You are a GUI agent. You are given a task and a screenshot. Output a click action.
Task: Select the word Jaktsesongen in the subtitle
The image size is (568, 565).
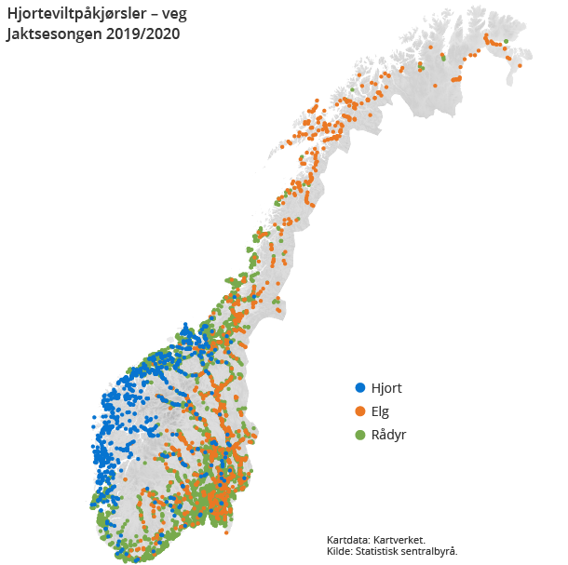53,34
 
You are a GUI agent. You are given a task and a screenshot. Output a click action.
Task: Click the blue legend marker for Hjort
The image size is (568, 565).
360,388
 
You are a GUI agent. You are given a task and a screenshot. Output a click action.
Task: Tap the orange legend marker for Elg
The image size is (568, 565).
360,411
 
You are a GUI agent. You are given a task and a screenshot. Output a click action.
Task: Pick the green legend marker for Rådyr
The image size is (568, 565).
360,435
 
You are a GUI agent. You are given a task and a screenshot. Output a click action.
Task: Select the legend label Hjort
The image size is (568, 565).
386,388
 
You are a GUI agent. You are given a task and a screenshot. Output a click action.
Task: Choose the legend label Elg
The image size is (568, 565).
380,411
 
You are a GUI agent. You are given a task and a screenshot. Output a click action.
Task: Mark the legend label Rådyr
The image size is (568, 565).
389,435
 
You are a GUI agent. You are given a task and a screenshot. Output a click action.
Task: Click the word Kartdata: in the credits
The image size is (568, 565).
349,540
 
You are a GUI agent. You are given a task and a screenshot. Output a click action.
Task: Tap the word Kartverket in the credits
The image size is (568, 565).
399,540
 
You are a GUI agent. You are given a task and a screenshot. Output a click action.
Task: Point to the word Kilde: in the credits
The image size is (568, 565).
341,551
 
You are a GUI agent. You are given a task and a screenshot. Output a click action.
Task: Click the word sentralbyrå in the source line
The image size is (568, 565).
430,551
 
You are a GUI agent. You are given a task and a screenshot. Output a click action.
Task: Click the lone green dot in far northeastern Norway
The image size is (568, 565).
507,41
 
